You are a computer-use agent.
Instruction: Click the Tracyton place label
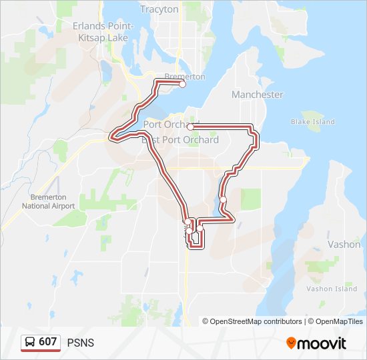pos(159,9)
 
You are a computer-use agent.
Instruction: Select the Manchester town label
pos(257,95)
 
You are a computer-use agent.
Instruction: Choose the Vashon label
pos(344,245)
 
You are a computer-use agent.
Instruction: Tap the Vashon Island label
pos(332,289)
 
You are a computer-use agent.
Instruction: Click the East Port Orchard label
pos(180,140)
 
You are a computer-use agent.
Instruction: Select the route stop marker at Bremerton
pos(182,84)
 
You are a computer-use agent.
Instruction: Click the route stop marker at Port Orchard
pos(190,127)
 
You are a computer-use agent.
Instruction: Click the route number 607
pos(48,342)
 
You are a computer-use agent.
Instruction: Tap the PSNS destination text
pos(81,343)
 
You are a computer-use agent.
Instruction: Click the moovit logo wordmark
pos(322,343)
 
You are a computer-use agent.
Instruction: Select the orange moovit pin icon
pos(291,343)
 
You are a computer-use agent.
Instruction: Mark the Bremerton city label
pos(185,77)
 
